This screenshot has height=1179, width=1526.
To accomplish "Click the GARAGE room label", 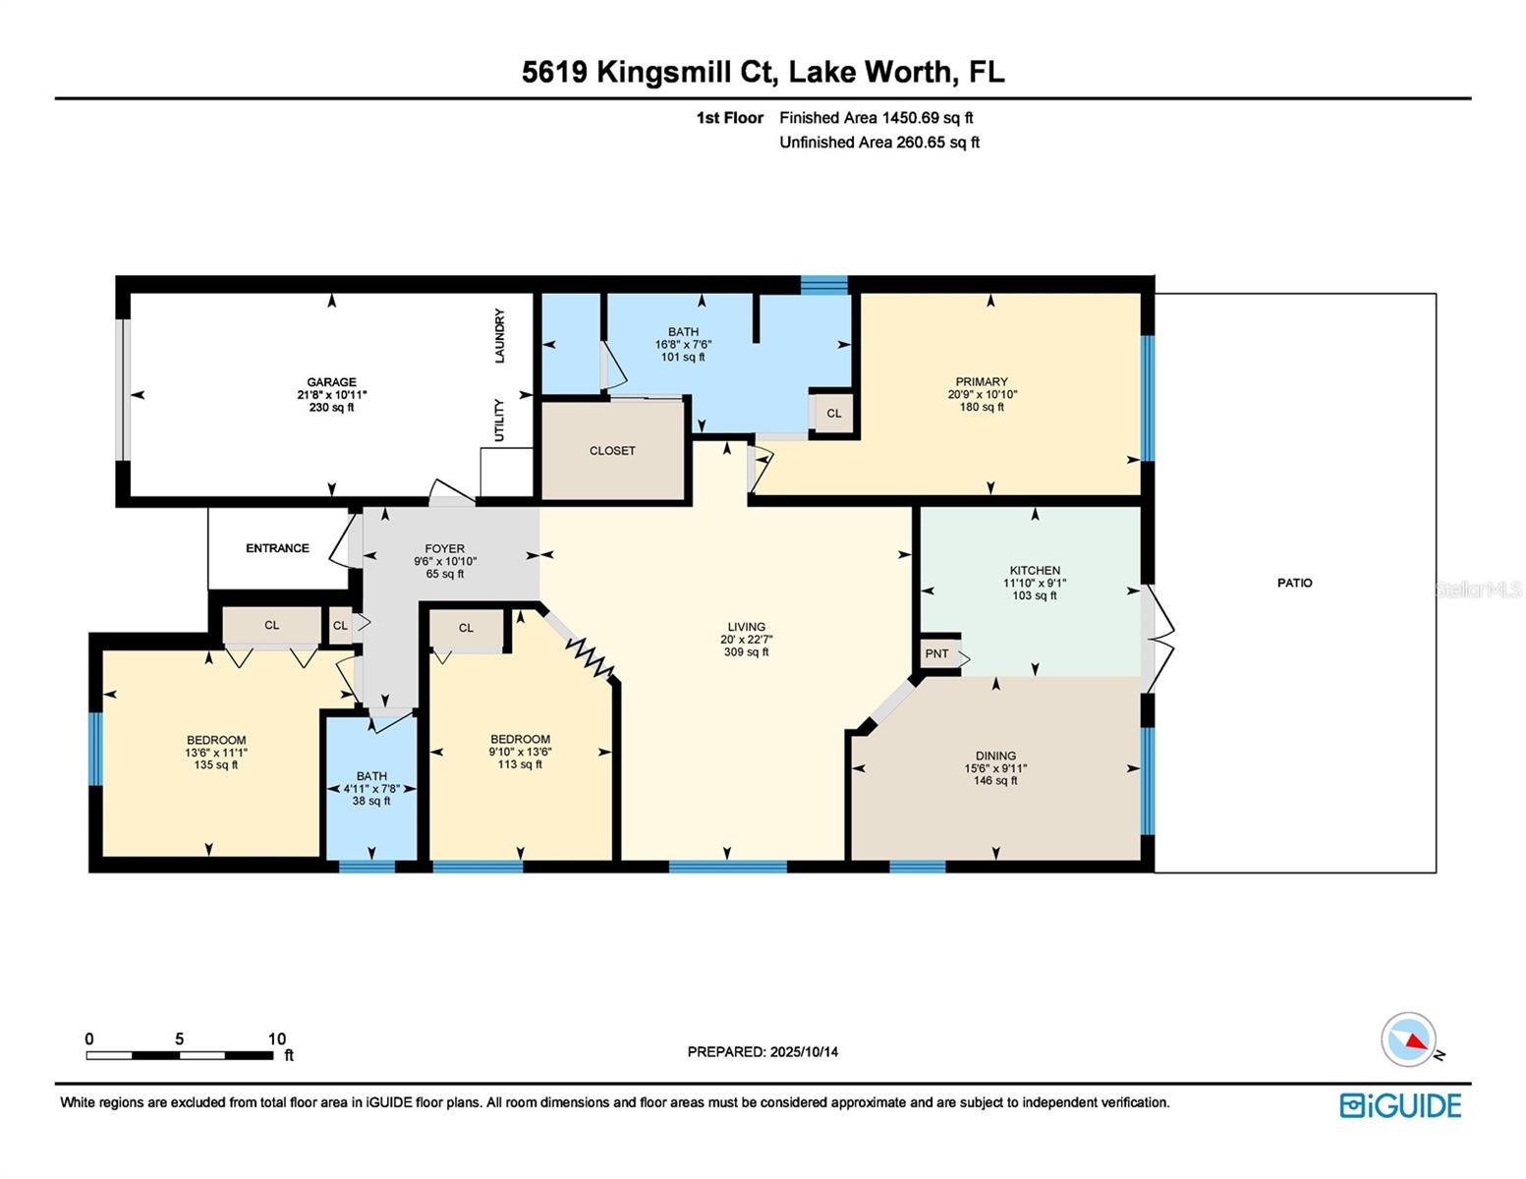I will click(331, 382).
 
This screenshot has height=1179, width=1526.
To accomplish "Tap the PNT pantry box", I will click(936, 654).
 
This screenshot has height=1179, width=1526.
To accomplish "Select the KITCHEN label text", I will click(1035, 570).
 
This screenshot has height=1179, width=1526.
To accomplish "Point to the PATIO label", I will click(1294, 583).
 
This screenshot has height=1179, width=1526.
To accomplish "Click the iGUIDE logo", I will click(1400, 1105).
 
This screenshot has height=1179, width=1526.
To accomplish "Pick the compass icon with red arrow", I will click(1409, 1039).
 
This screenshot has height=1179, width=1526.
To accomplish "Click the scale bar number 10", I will click(277, 1039).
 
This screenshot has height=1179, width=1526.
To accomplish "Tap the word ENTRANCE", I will click(277, 548).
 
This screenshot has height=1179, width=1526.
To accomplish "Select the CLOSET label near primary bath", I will click(612, 451).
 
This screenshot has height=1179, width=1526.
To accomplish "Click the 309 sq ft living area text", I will click(746, 652).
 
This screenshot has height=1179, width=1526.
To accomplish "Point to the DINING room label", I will click(995, 757).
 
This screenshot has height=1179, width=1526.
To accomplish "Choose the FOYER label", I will click(444, 549).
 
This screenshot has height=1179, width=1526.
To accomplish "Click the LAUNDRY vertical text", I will click(499, 336).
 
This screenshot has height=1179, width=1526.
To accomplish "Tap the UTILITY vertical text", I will click(499, 421).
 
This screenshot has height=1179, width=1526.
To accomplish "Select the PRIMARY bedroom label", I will click(982, 382).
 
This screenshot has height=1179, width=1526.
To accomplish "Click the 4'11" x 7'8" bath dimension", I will click(371, 789).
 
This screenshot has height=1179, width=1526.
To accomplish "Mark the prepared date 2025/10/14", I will click(804, 1052).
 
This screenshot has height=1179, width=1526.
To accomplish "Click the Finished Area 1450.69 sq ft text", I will click(876, 118).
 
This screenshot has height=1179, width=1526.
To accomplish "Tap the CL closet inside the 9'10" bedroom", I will click(466, 628).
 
